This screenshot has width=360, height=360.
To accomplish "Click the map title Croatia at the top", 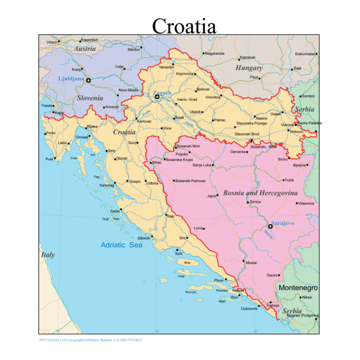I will (184, 26).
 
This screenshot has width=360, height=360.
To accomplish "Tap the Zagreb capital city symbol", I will (157, 96).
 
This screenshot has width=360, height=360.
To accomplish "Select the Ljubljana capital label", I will (71, 79).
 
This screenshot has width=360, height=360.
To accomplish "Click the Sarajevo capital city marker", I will (270, 226).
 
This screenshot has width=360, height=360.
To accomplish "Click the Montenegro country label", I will (298, 288).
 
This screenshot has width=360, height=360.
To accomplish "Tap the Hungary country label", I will (249, 68).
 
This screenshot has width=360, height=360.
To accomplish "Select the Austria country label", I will (85, 49).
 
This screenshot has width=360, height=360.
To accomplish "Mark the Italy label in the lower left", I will (47, 254).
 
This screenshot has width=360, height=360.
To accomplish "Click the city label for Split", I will (178, 253).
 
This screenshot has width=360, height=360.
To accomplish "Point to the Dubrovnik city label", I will (249, 308).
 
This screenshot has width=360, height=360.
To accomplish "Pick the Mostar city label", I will (251, 263).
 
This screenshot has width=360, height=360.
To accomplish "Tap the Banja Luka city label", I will (202, 164).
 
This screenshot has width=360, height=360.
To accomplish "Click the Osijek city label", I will (275, 113).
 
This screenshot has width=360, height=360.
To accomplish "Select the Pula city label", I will (49, 159).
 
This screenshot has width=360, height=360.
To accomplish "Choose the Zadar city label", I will (114, 211).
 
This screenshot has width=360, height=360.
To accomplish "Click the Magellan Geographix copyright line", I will (91, 340).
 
